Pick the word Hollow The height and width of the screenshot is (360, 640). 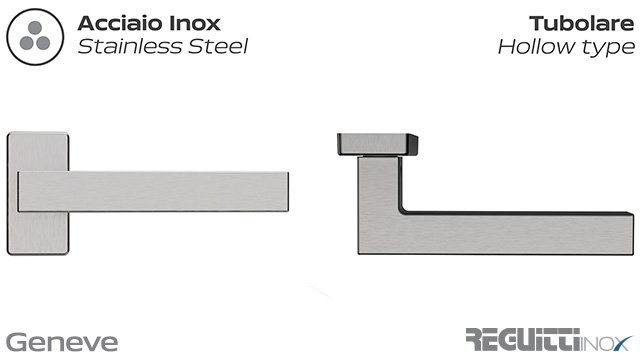click(x=535, y=46)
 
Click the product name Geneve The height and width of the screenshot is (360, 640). click(x=62, y=340)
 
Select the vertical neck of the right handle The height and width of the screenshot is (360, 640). click(x=380, y=200)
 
